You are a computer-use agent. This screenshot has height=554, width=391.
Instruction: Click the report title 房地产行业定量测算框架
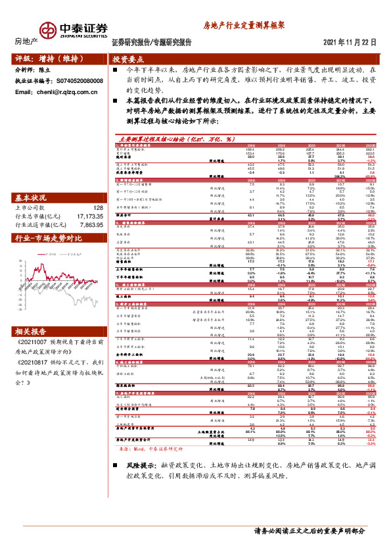242,24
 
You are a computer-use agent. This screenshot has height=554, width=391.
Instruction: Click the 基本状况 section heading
32,198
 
